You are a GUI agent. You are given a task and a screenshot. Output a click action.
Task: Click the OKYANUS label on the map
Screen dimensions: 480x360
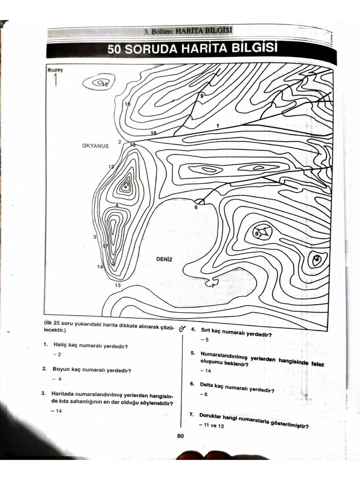pyautogui.click(x=95, y=146)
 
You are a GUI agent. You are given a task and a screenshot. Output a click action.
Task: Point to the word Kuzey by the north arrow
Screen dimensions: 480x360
pyautogui.click(x=55, y=70)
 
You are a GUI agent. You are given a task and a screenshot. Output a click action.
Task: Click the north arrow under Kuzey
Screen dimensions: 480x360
pyautogui.click(x=55, y=80)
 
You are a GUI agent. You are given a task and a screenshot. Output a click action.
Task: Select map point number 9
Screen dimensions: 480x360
pyautogui.click(x=202, y=96)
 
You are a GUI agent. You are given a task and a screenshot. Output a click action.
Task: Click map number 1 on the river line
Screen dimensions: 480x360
pyautogui.click(x=217, y=126)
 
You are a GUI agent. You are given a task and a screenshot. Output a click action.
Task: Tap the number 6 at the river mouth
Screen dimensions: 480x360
pyautogui.click(x=196, y=207)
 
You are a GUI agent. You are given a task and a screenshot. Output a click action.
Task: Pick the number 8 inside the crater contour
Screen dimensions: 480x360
pyautogui.click(x=256, y=233)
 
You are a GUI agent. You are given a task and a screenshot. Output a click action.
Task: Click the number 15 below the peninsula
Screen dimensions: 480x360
pyautogui.click(x=117, y=285)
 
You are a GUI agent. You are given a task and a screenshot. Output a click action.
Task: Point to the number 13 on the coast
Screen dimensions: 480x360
pyautogui.click(x=111, y=167)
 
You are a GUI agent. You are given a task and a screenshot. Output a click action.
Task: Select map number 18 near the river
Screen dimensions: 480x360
pyautogui.click(x=153, y=134)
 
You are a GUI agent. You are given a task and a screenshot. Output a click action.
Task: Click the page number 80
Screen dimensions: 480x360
pyautogui.click(x=180, y=435)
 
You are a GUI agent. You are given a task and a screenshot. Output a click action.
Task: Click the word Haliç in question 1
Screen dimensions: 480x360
pyautogui.click(x=60, y=346)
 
